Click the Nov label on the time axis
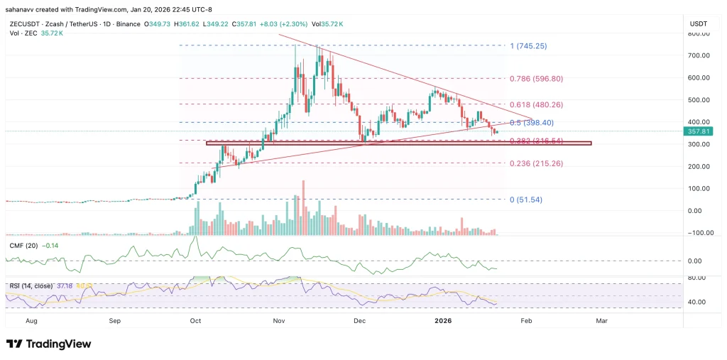coord(280,321)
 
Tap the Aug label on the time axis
coord(31,321)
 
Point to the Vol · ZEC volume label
coord(21,34)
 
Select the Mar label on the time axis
coord(601,321)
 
